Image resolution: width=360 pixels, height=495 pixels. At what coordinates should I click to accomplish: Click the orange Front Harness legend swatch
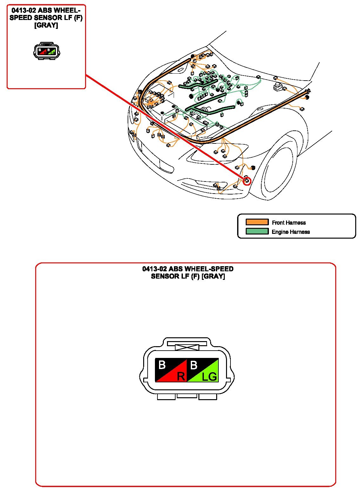point(257,222)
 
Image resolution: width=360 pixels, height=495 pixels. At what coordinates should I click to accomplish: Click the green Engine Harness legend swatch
point(257,231)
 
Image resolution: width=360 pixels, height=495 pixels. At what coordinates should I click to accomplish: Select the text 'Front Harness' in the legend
point(289,222)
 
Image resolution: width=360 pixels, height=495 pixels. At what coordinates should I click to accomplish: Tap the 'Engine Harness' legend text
point(290,232)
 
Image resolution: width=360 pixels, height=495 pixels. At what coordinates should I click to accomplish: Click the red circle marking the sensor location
point(247,181)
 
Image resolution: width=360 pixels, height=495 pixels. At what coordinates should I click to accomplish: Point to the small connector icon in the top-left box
point(46,51)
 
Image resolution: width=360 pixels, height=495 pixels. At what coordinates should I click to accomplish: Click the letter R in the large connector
point(181,376)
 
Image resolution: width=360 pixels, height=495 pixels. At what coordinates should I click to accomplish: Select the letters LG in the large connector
point(210,377)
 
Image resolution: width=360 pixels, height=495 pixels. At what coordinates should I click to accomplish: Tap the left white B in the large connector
point(162,365)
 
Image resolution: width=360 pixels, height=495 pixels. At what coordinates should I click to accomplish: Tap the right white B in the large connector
point(193,365)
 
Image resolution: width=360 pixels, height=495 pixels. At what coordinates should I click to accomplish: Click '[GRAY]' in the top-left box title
point(46,25)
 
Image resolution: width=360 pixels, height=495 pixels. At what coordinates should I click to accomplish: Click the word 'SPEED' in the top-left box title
point(21,18)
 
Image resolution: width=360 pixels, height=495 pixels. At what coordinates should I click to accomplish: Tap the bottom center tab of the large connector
point(187,396)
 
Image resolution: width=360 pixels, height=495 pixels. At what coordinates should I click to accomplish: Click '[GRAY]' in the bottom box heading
point(213,276)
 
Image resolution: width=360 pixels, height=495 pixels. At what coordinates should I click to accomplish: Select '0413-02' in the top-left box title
point(24,10)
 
